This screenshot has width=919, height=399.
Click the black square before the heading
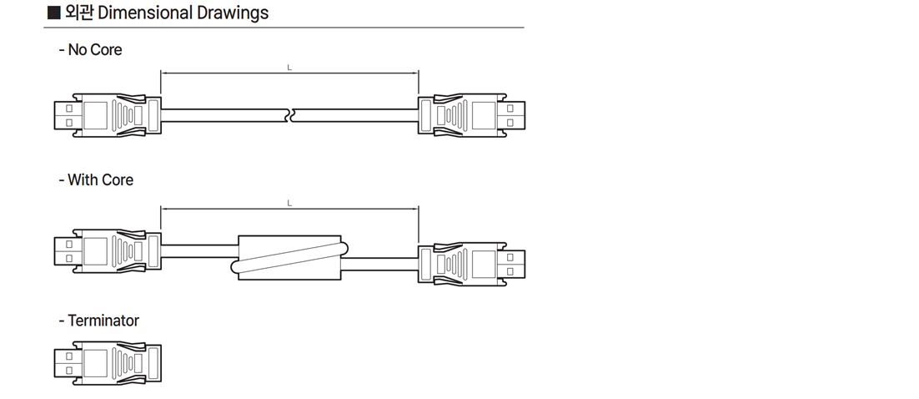53,13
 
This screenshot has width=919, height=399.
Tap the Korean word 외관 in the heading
79,13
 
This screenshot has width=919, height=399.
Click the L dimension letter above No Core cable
289,68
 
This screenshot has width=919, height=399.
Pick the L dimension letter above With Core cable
289,204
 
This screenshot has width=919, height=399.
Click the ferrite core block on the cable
289,258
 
